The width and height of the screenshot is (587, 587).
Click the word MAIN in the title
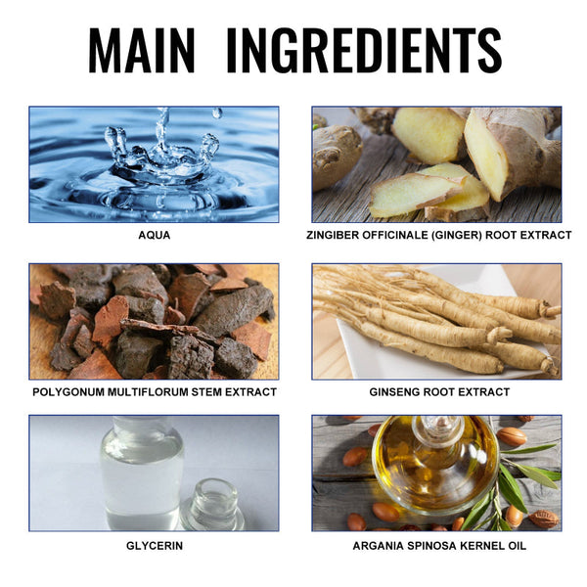coord(142,50)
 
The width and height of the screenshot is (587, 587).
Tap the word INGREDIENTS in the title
coord(364,50)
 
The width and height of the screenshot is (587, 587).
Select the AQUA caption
coord(155,235)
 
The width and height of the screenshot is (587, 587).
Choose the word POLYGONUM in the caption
coord(69,392)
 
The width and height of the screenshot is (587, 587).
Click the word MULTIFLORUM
coord(148,392)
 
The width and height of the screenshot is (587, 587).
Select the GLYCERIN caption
coord(155,546)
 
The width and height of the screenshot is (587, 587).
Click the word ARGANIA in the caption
coord(378,546)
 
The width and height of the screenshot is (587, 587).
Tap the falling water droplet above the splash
coord(217,113)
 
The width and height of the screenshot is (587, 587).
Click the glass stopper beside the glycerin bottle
coord(212,504)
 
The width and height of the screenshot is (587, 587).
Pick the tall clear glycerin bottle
coord(142,474)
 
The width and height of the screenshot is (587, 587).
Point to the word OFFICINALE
coord(395,235)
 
